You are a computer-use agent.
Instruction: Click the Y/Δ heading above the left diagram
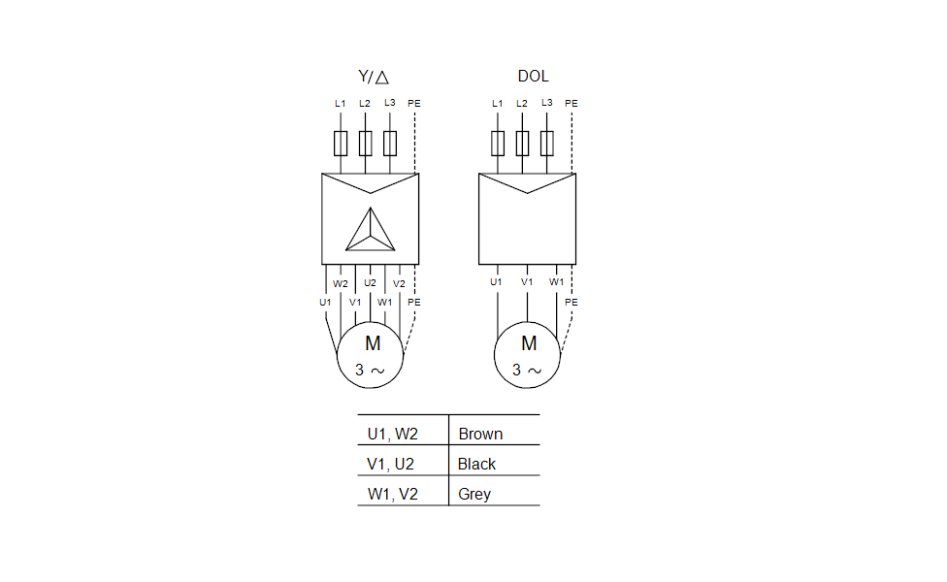(x=374, y=77)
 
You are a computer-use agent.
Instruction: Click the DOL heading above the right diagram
(x=534, y=77)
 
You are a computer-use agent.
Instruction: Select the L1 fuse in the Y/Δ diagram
(x=341, y=144)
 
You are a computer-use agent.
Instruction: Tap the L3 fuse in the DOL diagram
(x=547, y=144)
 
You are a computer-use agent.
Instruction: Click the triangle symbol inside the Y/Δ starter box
(x=371, y=230)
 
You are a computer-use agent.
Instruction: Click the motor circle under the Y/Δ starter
(x=371, y=355)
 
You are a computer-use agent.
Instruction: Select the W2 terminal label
(x=341, y=284)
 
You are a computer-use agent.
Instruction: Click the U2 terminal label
(x=371, y=284)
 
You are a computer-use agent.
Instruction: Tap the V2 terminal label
(x=399, y=284)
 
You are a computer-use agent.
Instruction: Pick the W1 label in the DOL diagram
(x=557, y=282)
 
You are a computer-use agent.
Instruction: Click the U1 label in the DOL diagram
(x=497, y=282)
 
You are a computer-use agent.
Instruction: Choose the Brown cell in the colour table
(x=480, y=434)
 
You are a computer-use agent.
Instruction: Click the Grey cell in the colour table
(x=474, y=494)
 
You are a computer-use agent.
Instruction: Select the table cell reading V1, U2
(x=392, y=464)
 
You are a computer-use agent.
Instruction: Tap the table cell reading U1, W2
(x=392, y=434)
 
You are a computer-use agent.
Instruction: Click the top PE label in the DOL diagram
(x=571, y=104)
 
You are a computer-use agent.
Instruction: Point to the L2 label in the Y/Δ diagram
(x=365, y=103)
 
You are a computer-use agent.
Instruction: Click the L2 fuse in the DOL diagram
(x=522, y=144)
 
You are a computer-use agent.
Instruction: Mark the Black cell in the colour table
(x=476, y=464)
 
